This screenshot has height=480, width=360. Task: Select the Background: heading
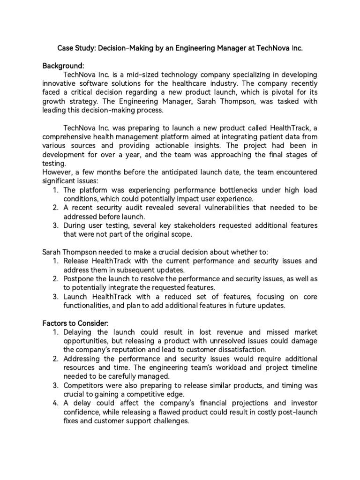click(x=63, y=66)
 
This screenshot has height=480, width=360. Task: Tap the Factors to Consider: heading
click(x=75, y=323)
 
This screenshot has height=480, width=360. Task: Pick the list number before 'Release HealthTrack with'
click(x=55, y=261)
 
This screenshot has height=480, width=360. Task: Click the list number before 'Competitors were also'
click(x=55, y=385)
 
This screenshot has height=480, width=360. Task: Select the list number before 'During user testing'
click(x=55, y=225)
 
